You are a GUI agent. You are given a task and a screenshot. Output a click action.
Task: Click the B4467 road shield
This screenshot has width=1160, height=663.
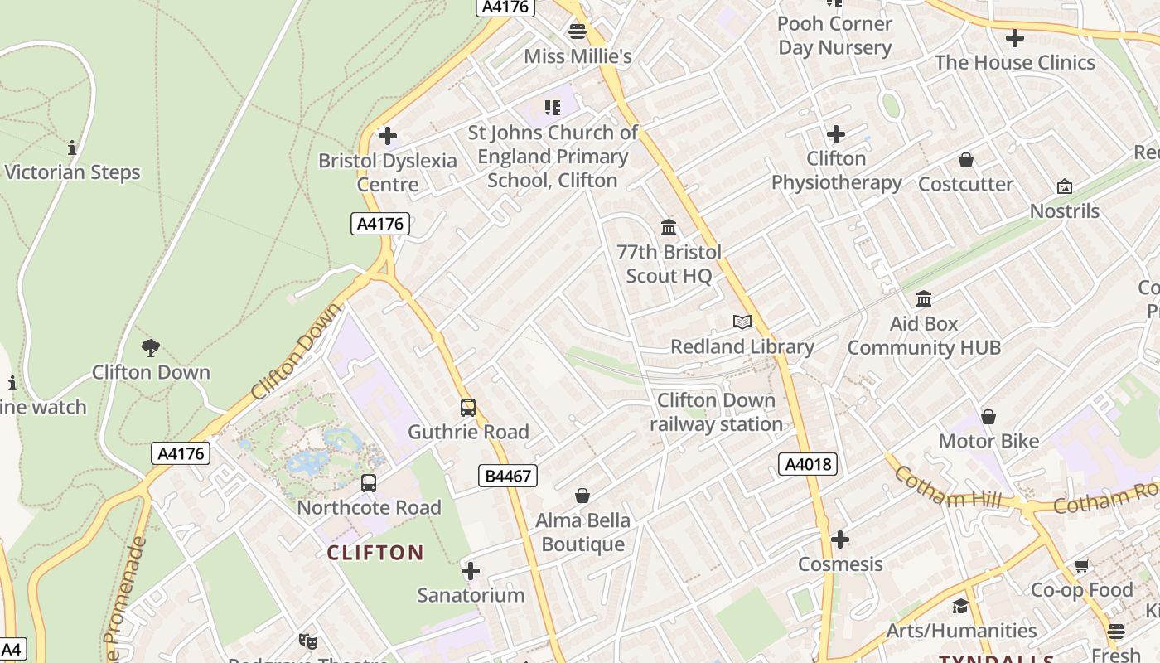(x=508, y=476)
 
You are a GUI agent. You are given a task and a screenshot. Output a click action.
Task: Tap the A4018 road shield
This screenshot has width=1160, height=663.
(x=808, y=464)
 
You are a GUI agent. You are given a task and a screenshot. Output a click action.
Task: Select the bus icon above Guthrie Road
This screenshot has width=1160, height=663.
(x=468, y=407)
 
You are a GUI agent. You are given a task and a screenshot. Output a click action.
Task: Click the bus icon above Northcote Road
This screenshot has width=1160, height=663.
(x=369, y=482)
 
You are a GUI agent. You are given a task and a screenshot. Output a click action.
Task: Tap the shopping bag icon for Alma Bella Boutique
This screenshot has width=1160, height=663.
(x=582, y=496)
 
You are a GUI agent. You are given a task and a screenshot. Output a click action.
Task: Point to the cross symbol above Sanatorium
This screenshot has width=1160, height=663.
(x=471, y=570)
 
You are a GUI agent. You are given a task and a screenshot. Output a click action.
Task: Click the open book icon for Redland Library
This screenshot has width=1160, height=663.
(x=742, y=322)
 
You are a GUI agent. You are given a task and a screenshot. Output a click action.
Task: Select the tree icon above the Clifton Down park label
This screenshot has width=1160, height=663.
(x=150, y=347)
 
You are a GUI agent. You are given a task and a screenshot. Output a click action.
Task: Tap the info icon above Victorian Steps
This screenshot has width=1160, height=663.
(x=72, y=148)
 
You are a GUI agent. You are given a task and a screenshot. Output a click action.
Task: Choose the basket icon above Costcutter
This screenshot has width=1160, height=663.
(x=965, y=160)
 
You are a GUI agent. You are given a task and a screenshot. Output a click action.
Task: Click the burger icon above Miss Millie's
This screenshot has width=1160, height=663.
(x=578, y=31)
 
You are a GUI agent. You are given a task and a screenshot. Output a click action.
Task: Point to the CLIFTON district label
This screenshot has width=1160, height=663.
(x=375, y=553)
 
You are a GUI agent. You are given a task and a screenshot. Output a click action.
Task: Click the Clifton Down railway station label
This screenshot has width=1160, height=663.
(x=716, y=412)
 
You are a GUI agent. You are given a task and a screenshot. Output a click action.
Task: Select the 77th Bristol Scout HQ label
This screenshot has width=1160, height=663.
(x=669, y=264)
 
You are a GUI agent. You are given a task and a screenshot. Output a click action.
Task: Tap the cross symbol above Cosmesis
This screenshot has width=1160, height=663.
(x=840, y=540)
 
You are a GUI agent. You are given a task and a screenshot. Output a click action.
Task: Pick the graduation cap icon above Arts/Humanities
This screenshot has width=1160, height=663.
(x=960, y=606)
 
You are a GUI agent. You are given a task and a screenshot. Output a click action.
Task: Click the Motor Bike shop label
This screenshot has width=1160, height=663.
(x=988, y=441)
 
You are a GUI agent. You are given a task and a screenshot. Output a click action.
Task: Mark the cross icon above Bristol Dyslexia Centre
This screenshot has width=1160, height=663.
(x=387, y=135)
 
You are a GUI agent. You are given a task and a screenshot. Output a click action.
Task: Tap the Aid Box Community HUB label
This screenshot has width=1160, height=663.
(x=924, y=336)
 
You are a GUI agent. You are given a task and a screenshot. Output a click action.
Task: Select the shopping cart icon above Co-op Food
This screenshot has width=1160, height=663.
(x=1081, y=565)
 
